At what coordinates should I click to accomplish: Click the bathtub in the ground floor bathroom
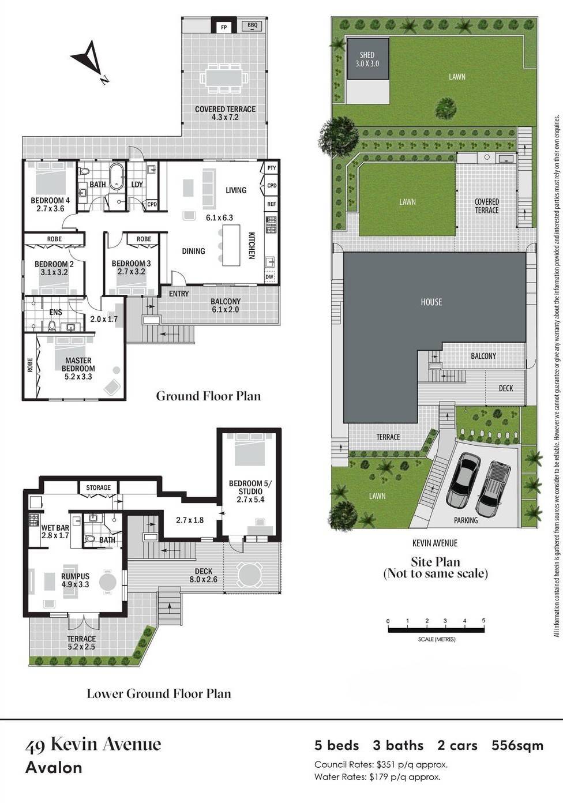(116, 177)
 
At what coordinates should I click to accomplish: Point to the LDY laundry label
(137, 184)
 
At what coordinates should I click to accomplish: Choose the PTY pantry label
(272, 168)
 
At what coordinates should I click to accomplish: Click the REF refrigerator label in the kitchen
(272, 204)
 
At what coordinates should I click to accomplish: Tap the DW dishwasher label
(269, 277)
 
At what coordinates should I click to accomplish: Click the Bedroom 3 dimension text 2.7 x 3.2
(131, 271)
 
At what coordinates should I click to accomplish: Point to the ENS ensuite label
(55, 312)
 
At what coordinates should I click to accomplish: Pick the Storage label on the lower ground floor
(98, 487)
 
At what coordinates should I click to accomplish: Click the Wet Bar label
(55, 528)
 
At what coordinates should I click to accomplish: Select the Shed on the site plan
(368, 59)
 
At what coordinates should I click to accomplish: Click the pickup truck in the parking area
(493, 488)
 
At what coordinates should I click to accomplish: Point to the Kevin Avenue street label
(435, 543)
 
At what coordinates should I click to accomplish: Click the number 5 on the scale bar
(483, 620)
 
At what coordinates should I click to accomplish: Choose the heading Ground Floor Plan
(209, 396)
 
